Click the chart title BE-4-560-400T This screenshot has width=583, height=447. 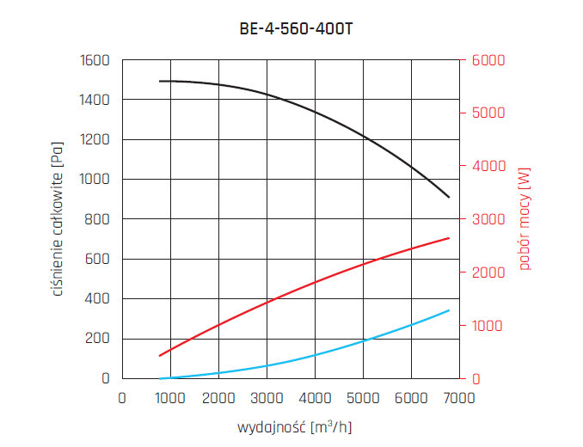click(296, 28)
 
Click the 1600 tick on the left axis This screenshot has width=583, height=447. click(95, 61)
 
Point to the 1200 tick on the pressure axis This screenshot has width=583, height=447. click(95, 140)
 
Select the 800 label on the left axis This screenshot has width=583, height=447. click(99, 219)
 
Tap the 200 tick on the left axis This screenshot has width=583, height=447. click(99, 339)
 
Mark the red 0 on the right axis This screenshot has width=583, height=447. click(473, 379)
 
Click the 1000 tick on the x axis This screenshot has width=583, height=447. click(170, 399)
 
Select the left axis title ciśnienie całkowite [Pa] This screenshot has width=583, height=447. click(58, 219)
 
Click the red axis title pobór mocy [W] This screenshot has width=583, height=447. click(525, 219)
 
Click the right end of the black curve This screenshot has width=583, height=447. click(449, 198)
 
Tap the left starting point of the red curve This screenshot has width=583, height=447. click(160, 355)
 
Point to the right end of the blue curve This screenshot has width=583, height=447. click(449, 310)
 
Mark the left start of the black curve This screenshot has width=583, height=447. click(160, 81)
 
